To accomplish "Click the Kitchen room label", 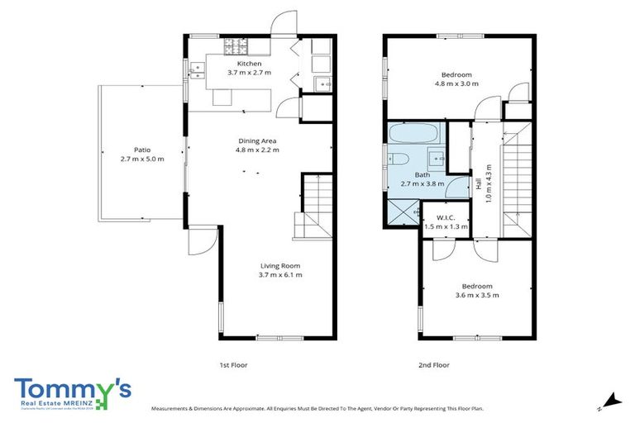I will click(x=249, y=64).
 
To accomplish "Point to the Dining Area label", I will click(x=258, y=140).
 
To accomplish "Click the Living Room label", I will click(x=279, y=265).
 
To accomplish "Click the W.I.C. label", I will click(x=444, y=216).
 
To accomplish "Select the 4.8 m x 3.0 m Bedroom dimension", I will click(x=456, y=83).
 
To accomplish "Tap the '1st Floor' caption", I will click(x=234, y=364).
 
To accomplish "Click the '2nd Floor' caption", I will click(x=435, y=364).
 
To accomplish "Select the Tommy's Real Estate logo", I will click(x=73, y=393).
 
